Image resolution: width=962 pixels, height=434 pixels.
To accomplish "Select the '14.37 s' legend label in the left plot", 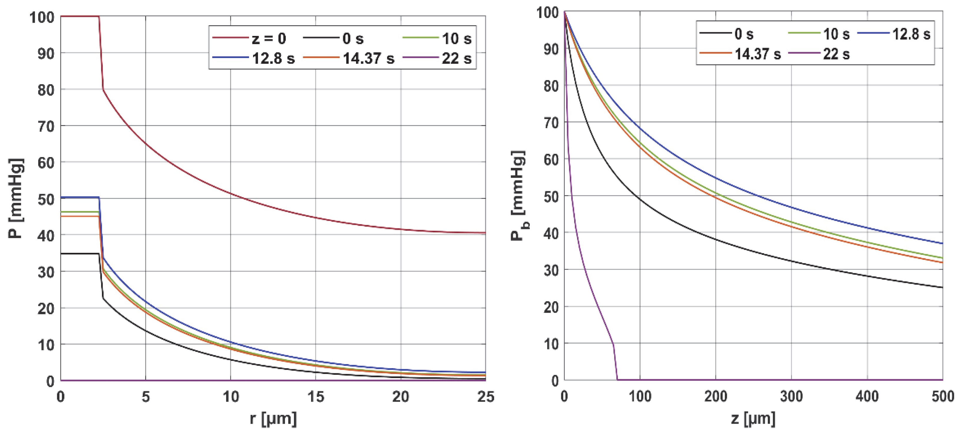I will (x=368, y=59).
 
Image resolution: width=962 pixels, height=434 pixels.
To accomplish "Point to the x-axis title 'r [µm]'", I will (x=273, y=419).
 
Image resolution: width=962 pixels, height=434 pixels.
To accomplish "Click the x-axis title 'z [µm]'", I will (x=753, y=419).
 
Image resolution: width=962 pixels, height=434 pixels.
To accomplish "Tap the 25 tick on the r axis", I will (x=485, y=397).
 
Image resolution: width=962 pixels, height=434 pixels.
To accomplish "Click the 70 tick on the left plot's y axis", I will (x=46, y=126).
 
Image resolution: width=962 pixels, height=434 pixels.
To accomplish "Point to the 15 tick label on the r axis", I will (x=315, y=397).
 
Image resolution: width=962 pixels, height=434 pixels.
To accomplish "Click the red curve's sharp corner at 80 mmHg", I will (x=103, y=90).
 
